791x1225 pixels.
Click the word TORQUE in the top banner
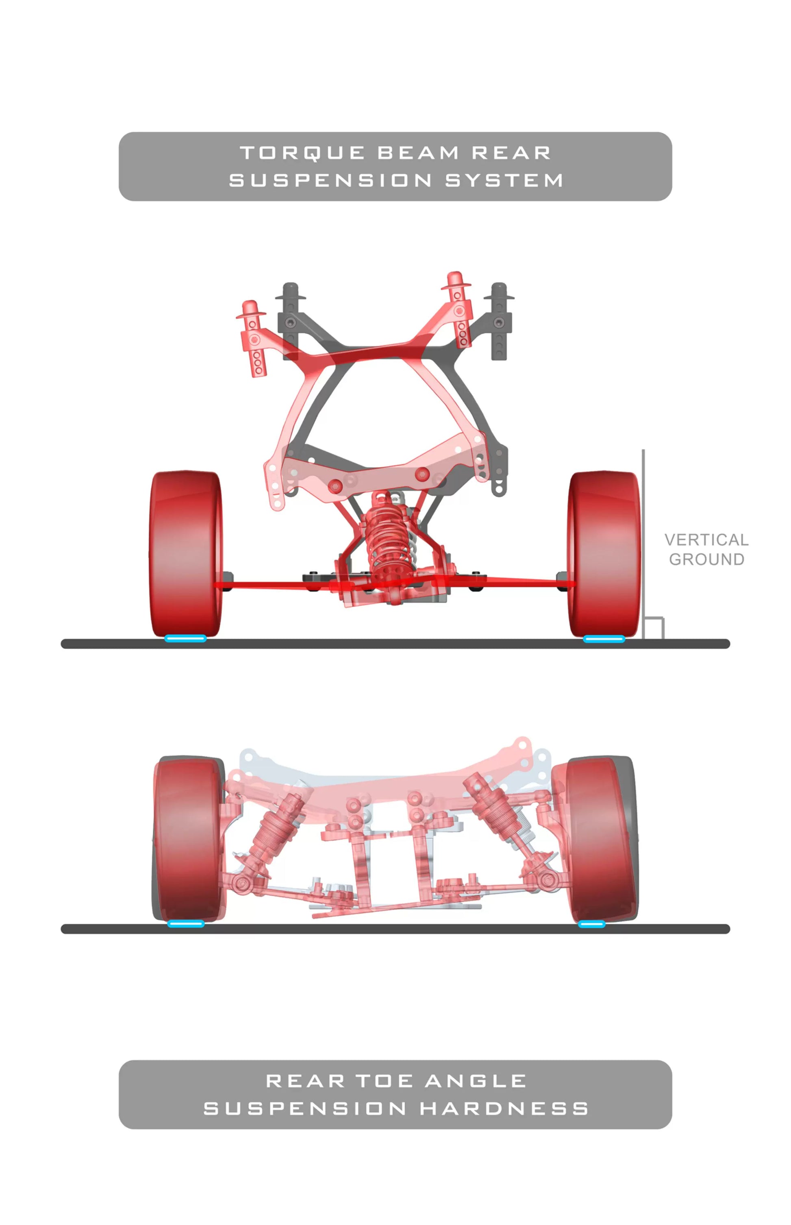(302, 153)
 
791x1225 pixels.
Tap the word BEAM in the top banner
(418, 152)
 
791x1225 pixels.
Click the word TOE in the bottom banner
(385, 1081)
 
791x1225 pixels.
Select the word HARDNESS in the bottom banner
(504, 1108)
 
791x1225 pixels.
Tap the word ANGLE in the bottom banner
(476, 1081)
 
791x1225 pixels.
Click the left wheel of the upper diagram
(186, 554)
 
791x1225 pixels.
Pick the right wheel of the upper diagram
(604, 554)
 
